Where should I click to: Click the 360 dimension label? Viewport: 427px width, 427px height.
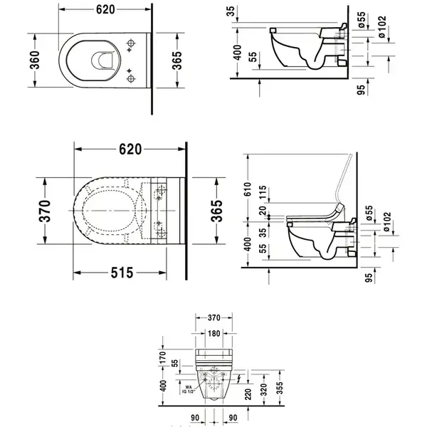[x=36, y=60]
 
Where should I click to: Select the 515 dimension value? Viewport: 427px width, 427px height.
[x=122, y=273]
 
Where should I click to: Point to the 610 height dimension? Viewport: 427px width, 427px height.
[x=247, y=189]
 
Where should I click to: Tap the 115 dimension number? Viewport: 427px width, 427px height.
[x=263, y=192]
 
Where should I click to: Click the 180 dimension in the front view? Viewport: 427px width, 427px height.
[x=213, y=333]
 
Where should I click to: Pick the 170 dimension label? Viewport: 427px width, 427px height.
[x=162, y=357]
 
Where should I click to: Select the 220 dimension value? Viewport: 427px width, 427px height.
[x=248, y=394]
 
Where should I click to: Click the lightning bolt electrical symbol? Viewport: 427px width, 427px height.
[x=238, y=379]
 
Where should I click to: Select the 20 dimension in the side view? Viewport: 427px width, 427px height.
[x=263, y=211]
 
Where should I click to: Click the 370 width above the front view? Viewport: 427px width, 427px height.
[x=214, y=317]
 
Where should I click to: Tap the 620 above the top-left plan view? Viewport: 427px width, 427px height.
[x=105, y=10]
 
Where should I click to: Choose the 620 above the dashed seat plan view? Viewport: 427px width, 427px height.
[x=130, y=149]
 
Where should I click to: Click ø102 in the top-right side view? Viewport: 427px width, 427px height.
[x=382, y=27]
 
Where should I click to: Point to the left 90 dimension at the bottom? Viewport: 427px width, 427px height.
[x=195, y=418]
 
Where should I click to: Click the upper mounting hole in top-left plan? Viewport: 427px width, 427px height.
[x=131, y=43]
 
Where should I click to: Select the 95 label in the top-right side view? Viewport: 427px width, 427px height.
[x=361, y=90]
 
